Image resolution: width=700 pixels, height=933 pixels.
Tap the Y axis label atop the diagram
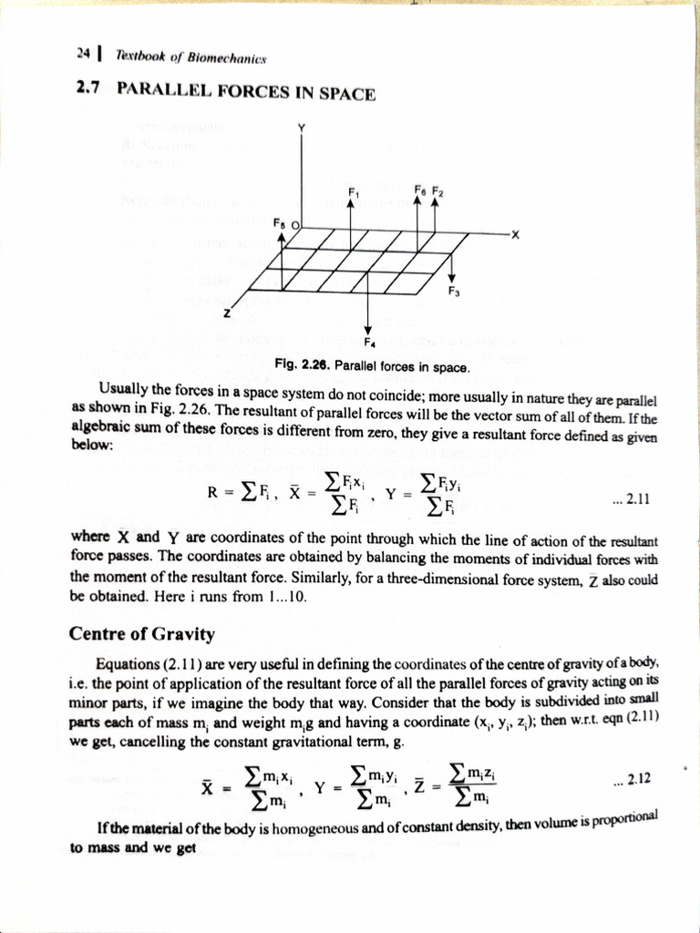pyautogui.click(x=300, y=127)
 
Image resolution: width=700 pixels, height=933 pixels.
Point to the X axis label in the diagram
pyautogui.click(x=515, y=234)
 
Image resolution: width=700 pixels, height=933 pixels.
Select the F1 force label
pyautogui.click(x=352, y=190)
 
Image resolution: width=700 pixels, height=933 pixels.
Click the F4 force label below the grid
pyautogui.click(x=368, y=343)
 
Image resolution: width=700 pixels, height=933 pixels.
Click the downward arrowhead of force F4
pyautogui.click(x=368, y=330)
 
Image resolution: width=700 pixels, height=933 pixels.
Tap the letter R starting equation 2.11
pyautogui.click(x=212, y=496)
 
